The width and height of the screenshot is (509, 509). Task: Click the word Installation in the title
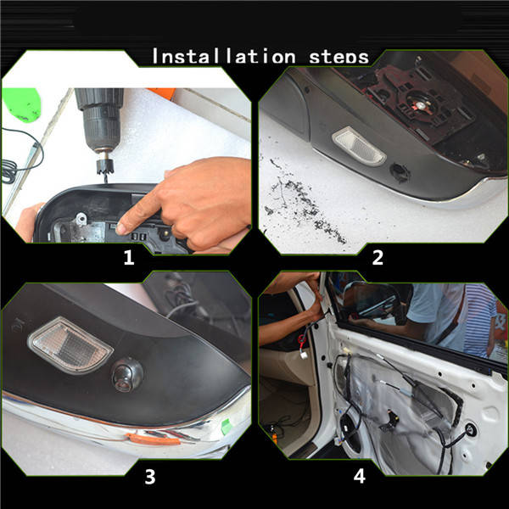tap(224, 56)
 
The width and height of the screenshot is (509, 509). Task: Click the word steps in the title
tap(338, 58)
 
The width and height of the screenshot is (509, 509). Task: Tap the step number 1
tap(129, 257)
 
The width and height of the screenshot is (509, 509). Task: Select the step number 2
tap(378, 257)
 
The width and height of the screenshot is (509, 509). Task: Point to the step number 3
tap(149, 477)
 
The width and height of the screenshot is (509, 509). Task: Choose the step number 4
tap(360, 476)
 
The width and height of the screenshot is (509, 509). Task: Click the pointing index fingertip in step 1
tap(121, 228)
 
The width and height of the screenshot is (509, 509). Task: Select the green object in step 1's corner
tap(21, 105)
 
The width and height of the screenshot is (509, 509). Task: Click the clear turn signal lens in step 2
tap(359, 146)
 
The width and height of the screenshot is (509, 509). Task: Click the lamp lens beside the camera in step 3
tap(70, 345)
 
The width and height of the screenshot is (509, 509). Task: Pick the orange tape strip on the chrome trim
tap(153, 439)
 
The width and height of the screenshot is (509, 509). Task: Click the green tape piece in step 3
tap(227, 425)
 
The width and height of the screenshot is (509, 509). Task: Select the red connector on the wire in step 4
tap(302, 339)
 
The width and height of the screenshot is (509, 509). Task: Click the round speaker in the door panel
tap(350, 430)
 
